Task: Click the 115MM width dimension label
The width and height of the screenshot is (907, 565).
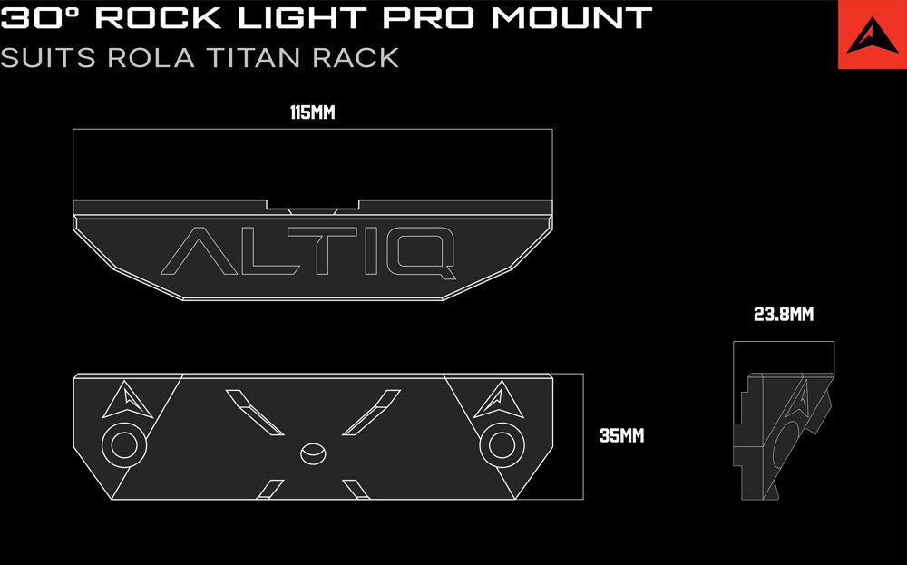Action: pos(312,112)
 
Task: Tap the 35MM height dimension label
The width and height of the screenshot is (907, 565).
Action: pos(622,435)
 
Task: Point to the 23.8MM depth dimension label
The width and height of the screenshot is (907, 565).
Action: pos(784,314)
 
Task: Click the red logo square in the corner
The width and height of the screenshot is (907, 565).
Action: pos(873,34)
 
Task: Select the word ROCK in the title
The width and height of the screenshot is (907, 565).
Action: pos(158,18)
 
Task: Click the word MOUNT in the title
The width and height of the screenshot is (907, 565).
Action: pos(571,18)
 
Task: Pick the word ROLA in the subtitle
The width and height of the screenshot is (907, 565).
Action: pos(151,58)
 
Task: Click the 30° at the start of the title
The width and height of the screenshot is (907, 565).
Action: pos(42,18)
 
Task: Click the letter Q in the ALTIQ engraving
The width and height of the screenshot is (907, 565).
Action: pos(421,252)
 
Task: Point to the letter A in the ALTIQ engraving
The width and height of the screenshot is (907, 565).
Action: pos(199,251)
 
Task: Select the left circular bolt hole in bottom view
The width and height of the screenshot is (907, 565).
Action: pos(123,445)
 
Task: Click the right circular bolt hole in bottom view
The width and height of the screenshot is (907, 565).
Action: pos(502,445)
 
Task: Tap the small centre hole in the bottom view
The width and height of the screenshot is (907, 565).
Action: pos(313,453)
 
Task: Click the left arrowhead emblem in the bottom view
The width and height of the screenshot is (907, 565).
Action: pos(128,400)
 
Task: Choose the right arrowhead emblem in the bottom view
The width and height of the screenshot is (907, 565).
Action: pos(499,400)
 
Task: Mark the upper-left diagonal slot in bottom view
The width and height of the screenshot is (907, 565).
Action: pos(255,413)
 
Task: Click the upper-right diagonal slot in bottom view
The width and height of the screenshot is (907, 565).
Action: pos(371,413)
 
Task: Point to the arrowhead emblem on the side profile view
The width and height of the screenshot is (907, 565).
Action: pos(801,398)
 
